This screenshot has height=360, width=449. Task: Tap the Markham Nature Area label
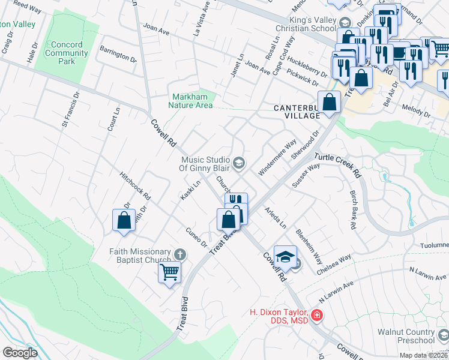(x=192, y=101)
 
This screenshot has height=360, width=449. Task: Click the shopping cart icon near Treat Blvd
(x=169, y=272)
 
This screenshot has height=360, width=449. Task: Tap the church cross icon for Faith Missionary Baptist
(x=179, y=254)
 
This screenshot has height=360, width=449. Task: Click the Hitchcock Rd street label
(x=135, y=187)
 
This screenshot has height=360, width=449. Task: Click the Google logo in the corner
(x=20, y=353)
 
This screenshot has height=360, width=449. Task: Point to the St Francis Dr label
(x=70, y=111)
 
